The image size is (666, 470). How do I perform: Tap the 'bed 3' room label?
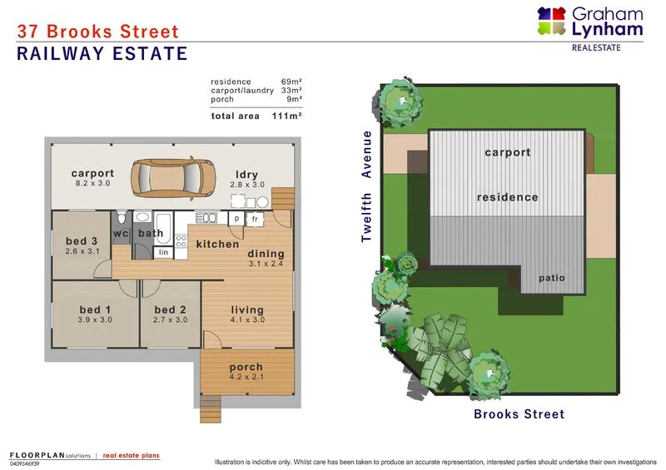pos(82,242)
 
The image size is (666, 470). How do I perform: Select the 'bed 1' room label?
pos(96,309)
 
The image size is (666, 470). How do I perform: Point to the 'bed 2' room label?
pos(171,309)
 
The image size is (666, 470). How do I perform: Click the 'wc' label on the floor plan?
pos(121,234)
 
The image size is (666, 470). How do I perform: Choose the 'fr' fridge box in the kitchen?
pos(256,219)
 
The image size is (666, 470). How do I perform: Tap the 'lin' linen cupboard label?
pos(163,251)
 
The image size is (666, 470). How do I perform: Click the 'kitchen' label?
pos(217,244)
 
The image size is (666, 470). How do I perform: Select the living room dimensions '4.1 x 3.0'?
pos(247,319)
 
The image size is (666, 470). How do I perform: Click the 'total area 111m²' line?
pos(256,116)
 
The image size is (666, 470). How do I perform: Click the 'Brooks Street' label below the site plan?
pos(519,414)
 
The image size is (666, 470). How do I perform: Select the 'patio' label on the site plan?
pos(552,277)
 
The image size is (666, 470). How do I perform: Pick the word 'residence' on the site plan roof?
pos(507,197)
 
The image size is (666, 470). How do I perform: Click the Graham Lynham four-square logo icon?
pos(551,22)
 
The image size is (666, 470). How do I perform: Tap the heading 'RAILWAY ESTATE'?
pos(102,55)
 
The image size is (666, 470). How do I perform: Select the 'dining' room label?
pos(266,254)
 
